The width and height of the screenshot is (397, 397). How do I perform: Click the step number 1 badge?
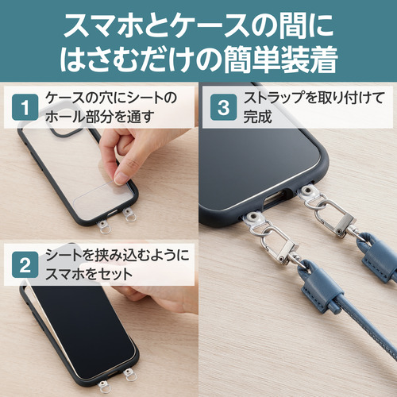pyautogui.click(x=25, y=107)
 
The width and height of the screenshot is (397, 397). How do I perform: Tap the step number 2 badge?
pyautogui.click(x=25, y=264)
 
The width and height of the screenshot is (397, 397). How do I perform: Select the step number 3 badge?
pyautogui.click(x=223, y=107)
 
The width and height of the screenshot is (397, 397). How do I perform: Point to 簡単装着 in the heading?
pyautogui.click(x=280, y=60)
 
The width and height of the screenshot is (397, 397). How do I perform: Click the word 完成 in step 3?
pyautogui.click(x=257, y=117)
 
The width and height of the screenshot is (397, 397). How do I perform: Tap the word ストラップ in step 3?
pyautogui.click(x=277, y=98)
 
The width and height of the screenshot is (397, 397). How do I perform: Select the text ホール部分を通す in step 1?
pyautogui.click(x=100, y=117)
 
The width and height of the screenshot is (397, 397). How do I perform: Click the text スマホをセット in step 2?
pyautogui.click(x=89, y=274)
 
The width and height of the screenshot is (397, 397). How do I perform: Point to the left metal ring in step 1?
pyautogui.click(x=106, y=228)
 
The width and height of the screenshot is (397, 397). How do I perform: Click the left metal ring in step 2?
pyautogui.click(x=106, y=387)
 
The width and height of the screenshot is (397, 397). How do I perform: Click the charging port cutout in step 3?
pyautogui.click(x=276, y=200)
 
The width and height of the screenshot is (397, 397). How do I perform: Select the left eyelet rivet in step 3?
pyautogui.click(x=253, y=218)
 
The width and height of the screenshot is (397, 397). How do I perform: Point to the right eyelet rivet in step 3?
pyautogui.click(x=307, y=191)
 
